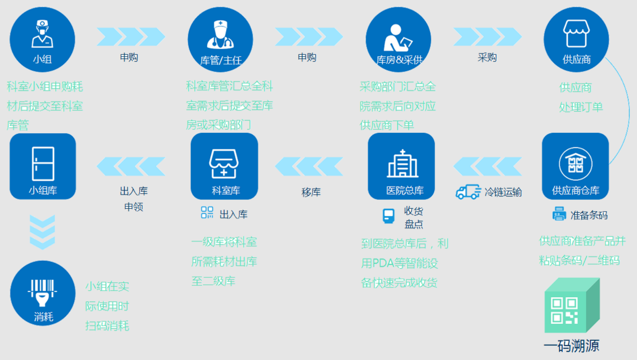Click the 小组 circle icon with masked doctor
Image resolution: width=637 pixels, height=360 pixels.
click(x=43, y=40)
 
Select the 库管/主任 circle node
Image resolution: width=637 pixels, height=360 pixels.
click(x=220, y=40)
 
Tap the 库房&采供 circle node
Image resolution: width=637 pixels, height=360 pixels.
click(x=398, y=40)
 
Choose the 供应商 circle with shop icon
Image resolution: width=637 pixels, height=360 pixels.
click(x=576, y=40)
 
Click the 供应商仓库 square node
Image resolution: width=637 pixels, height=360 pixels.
click(x=575, y=166)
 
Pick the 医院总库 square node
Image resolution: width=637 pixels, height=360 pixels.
click(x=401, y=166)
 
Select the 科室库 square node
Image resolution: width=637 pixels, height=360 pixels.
click(x=224, y=166)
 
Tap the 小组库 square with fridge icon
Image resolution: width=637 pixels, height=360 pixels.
click(x=43, y=166)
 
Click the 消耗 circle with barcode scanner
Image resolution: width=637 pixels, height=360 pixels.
click(x=43, y=293)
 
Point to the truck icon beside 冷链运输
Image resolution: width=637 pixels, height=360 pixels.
click(x=468, y=192)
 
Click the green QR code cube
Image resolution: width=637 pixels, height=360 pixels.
click(x=572, y=305)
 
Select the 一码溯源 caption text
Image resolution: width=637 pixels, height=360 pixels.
click(x=572, y=346)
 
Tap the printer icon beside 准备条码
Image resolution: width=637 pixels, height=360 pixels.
click(x=559, y=214)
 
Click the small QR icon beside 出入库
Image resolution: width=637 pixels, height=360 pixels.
click(x=207, y=212)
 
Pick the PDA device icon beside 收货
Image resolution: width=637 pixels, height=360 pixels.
click(x=388, y=216)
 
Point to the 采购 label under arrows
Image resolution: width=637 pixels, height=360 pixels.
click(x=487, y=57)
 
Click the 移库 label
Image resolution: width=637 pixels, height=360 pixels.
click(x=311, y=192)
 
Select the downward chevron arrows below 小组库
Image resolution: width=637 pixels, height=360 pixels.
click(x=43, y=232)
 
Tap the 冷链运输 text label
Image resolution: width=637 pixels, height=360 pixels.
click(x=503, y=192)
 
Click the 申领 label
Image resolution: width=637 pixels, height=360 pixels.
click(x=134, y=207)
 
